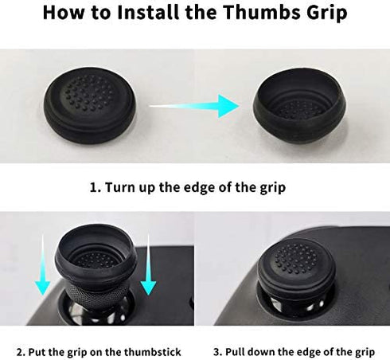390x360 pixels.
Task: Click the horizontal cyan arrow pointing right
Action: click(x=194, y=106)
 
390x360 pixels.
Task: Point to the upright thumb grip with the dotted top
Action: click(x=89, y=105)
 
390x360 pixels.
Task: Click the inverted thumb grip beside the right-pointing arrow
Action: click(x=299, y=105)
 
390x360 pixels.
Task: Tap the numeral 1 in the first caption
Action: click(x=94, y=187)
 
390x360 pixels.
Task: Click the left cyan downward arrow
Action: click(x=42, y=265)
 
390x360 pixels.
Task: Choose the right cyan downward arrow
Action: click(x=148, y=265)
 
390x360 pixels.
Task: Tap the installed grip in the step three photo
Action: click(x=297, y=265)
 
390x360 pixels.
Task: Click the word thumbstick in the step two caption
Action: click(x=153, y=352)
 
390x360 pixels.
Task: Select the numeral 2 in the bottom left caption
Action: click(x=20, y=352)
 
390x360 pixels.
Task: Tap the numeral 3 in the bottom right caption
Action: click(x=217, y=352)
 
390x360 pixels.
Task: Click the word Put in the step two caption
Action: click(x=37, y=352)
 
